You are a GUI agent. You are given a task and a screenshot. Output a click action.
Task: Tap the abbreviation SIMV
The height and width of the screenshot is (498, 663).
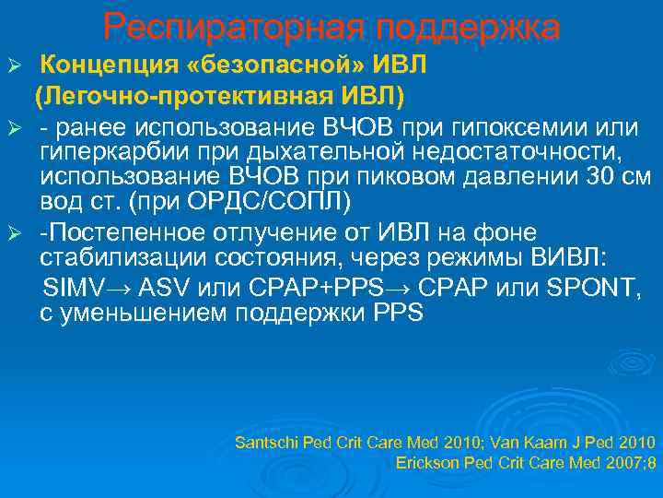pos(70,288)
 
